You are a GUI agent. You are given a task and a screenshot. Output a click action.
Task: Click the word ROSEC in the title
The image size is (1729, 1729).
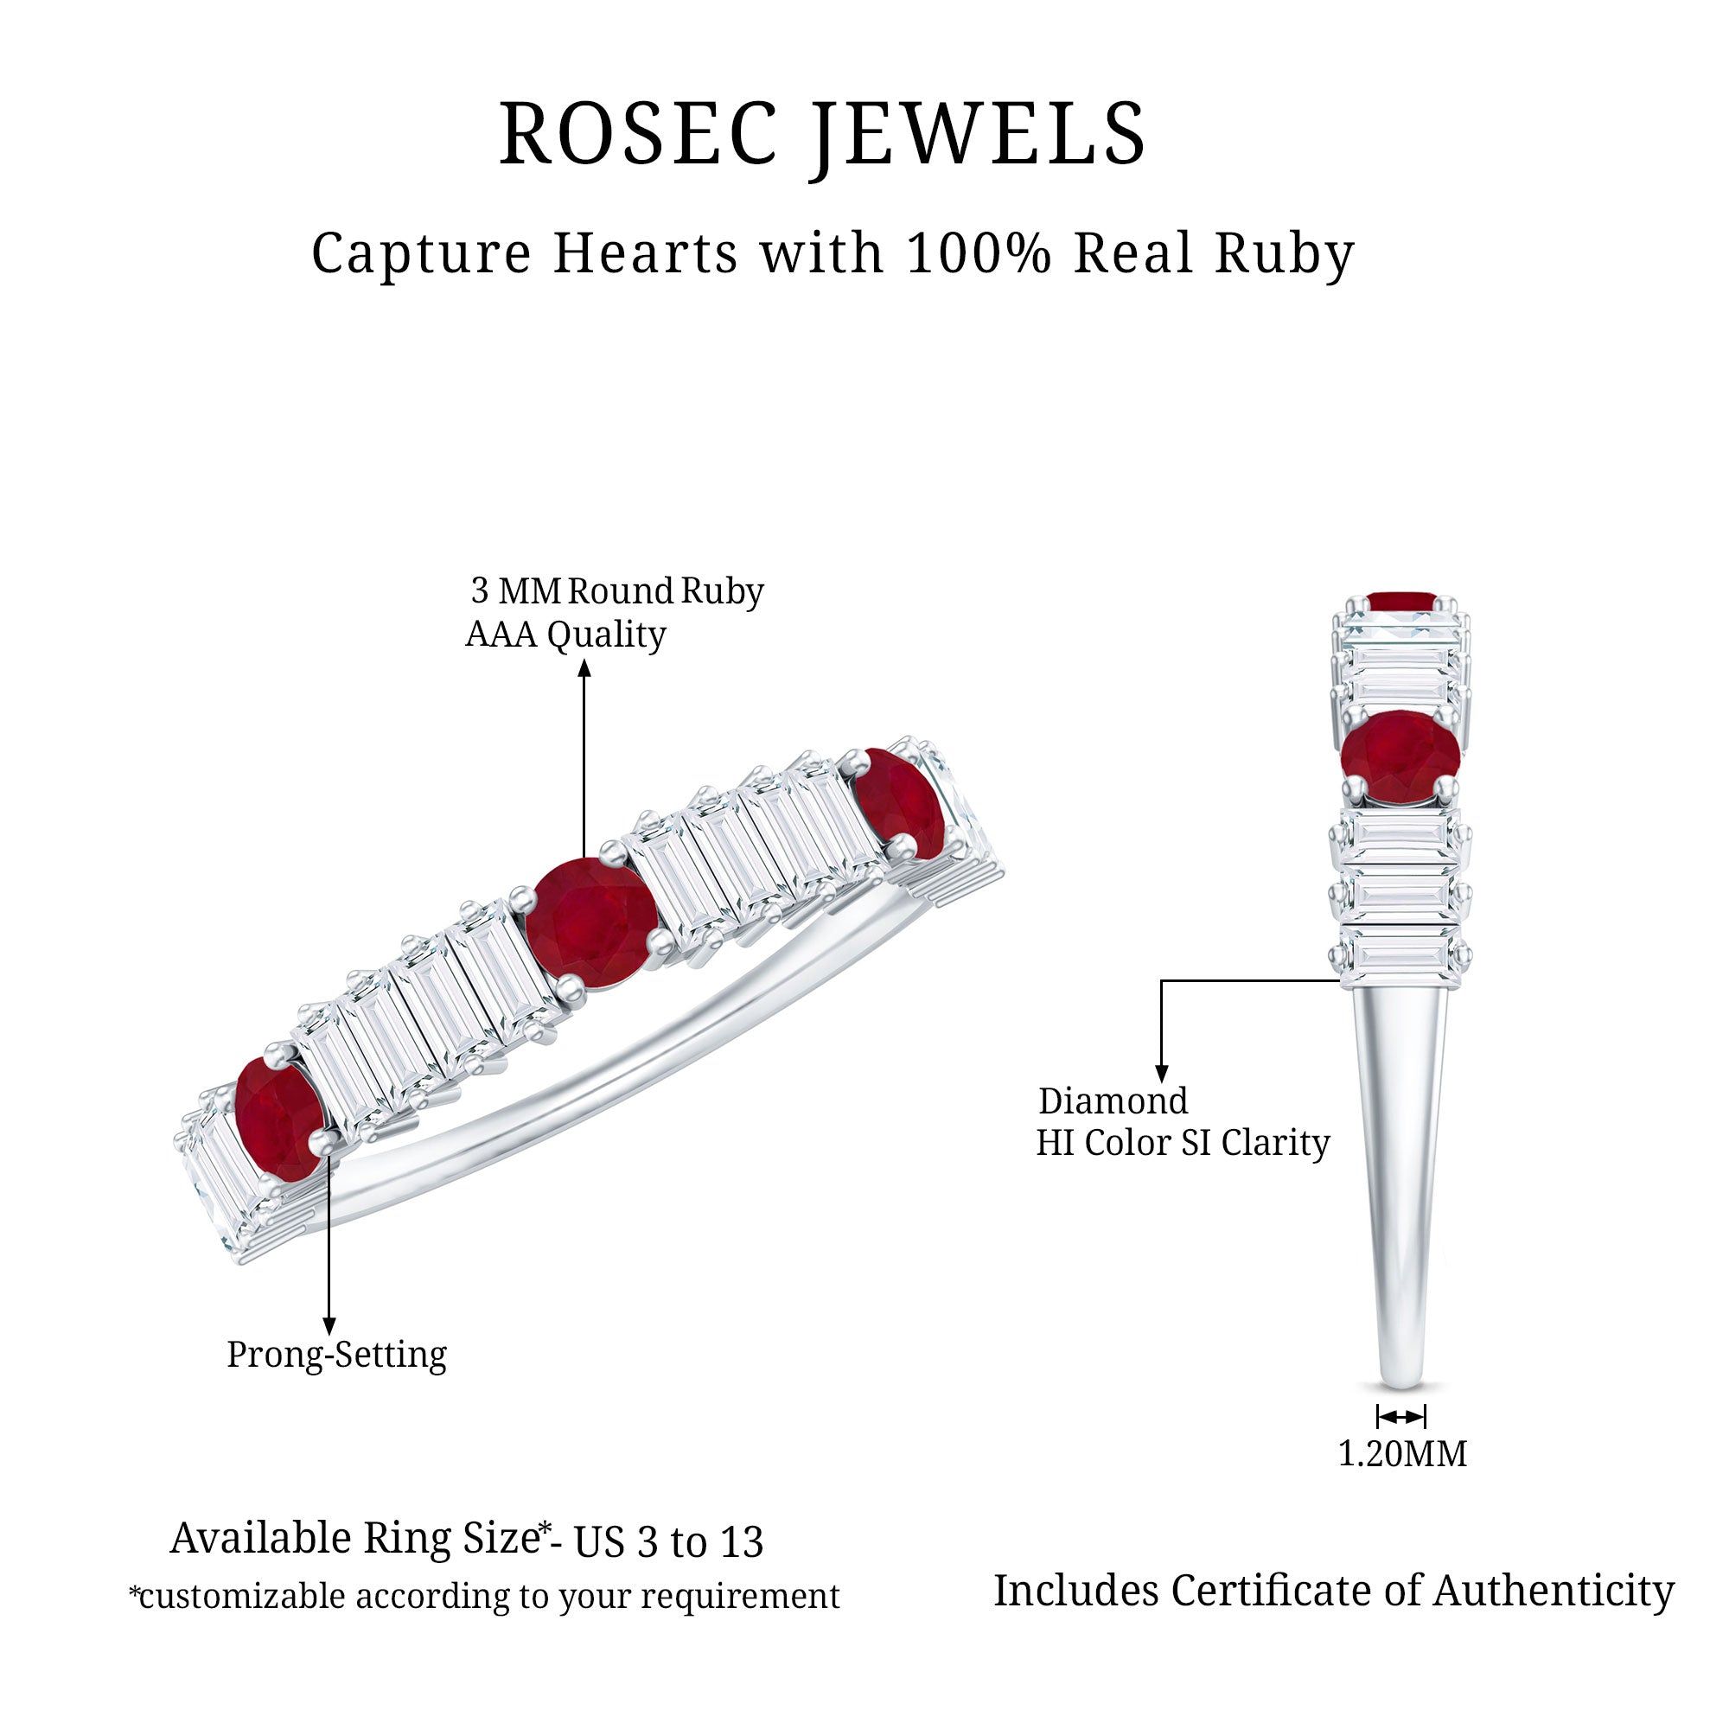pos(638,133)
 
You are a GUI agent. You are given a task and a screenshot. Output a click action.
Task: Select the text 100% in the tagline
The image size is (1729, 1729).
pos(978,253)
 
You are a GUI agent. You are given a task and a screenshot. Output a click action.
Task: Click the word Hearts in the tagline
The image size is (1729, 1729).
pos(645,253)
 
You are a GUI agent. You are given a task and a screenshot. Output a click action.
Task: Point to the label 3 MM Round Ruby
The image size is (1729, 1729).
pos(617,590)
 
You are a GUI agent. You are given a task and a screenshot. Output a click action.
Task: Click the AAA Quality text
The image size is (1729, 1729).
pos(565,635)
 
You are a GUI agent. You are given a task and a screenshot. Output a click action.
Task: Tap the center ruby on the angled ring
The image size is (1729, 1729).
pos(591,922)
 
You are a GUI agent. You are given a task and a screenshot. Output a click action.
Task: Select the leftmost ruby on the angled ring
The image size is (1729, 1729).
pos(279,1118)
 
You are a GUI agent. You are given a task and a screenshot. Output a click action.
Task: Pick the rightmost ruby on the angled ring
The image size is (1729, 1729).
pos(898,804)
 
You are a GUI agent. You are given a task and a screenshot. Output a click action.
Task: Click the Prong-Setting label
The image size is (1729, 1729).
pos(336,1355)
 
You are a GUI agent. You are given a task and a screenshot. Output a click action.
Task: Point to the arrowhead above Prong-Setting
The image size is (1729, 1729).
pos(329,1325)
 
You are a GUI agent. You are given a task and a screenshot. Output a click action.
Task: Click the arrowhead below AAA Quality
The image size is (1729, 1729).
pos(584,667)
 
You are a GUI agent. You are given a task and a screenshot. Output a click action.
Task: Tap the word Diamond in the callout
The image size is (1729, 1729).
pos(1113,1101)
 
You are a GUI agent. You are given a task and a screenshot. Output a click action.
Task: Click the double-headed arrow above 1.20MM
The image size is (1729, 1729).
pos(1401,1417)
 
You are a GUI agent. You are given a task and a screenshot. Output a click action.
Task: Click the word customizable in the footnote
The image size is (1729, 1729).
pos(243,1597)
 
